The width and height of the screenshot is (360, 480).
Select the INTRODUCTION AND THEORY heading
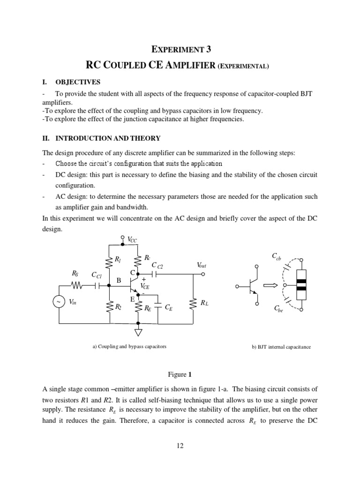point(108,138)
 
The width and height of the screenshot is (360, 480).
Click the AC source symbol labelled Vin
point(59,302)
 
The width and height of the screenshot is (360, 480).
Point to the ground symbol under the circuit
point(138,332)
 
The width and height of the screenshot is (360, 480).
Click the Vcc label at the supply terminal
point(133,240)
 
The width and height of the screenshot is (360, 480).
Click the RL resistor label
point(204,303)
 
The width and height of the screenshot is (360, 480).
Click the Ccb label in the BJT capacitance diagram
point(277,256)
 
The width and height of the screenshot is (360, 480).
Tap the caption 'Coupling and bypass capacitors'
point(129,346)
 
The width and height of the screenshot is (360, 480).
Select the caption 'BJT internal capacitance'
point(281,347)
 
